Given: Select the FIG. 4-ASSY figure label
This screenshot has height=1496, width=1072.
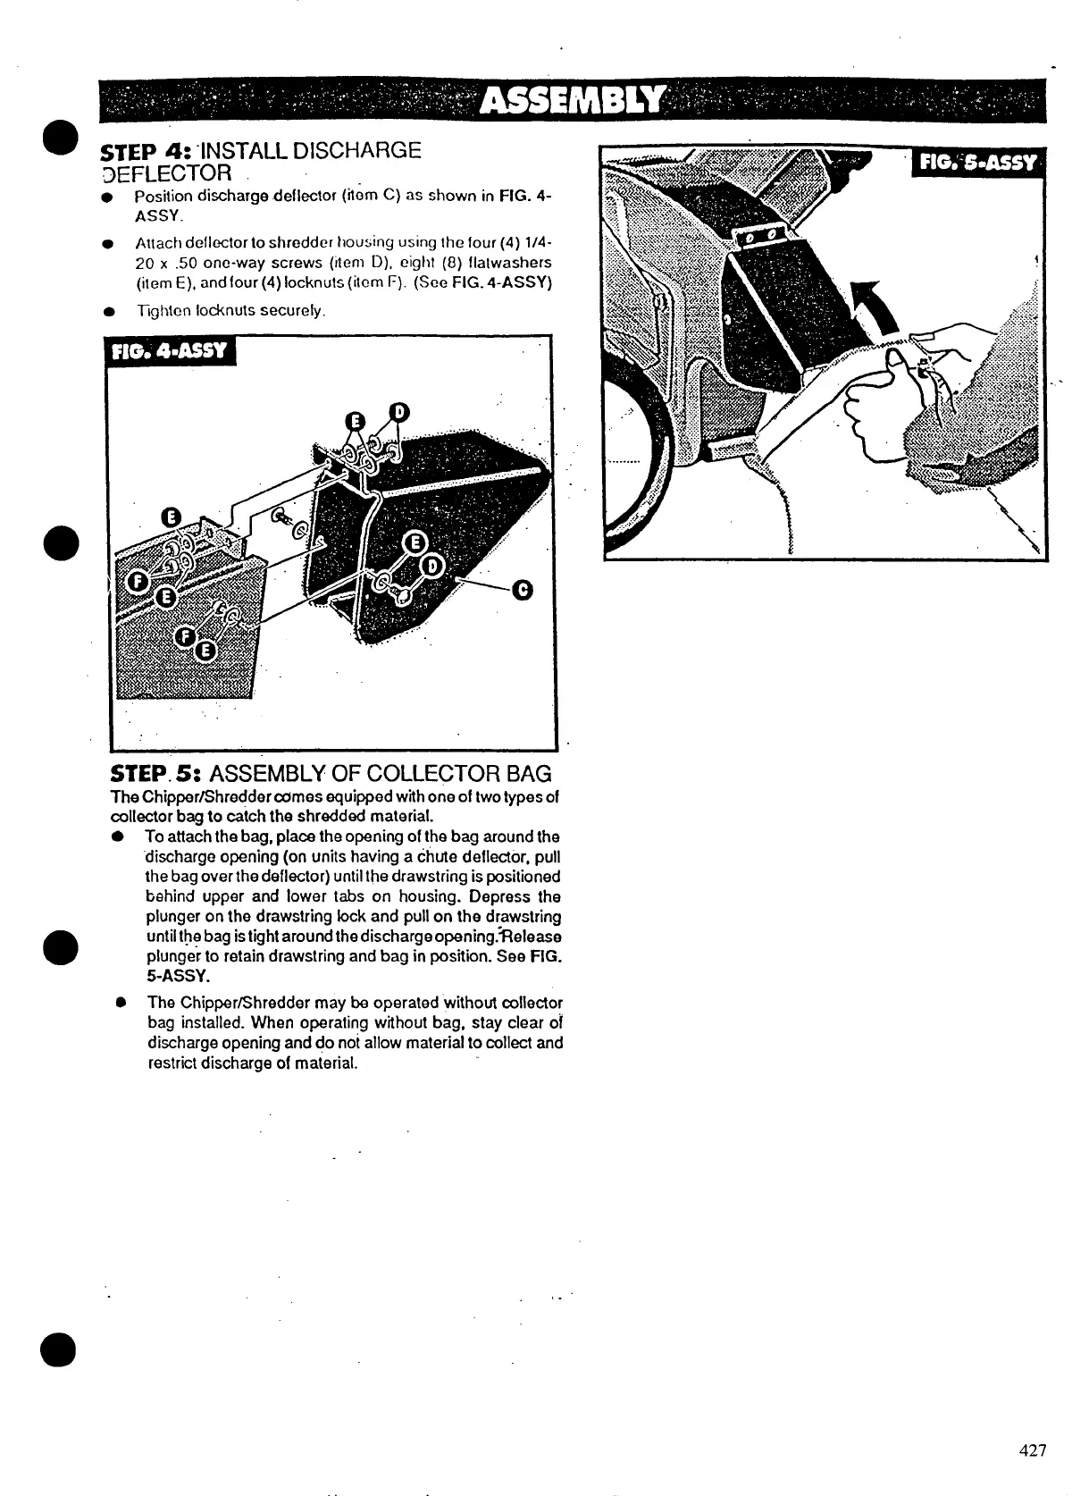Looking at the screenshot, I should click(x=169, y=350).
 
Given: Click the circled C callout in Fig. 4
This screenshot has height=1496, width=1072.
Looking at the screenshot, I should click(x=523, y=589).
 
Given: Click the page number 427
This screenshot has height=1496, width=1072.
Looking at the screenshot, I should click(x=1032, y=1450).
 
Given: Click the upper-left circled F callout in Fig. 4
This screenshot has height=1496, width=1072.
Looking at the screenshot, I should click(x=138, y=582).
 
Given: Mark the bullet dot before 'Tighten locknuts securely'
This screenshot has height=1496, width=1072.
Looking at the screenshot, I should click(x=107, y=312).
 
